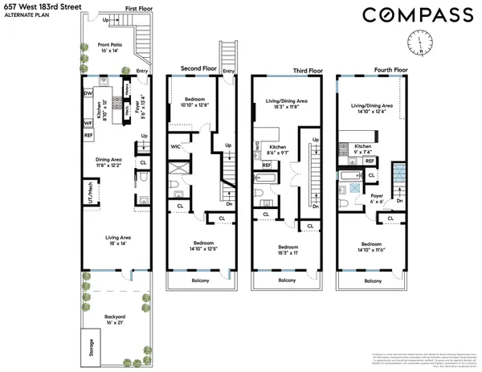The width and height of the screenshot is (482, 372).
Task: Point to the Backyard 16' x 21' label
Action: [116, 320]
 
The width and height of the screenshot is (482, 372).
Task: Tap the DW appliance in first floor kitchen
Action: [88, 93]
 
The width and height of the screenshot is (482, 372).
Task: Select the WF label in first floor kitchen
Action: [88, 123]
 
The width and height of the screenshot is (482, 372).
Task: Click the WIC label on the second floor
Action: [175, 147]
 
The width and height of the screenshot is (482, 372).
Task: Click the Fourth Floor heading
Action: [389, 69]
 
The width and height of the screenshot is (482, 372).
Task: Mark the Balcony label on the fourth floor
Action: [373, 281]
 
